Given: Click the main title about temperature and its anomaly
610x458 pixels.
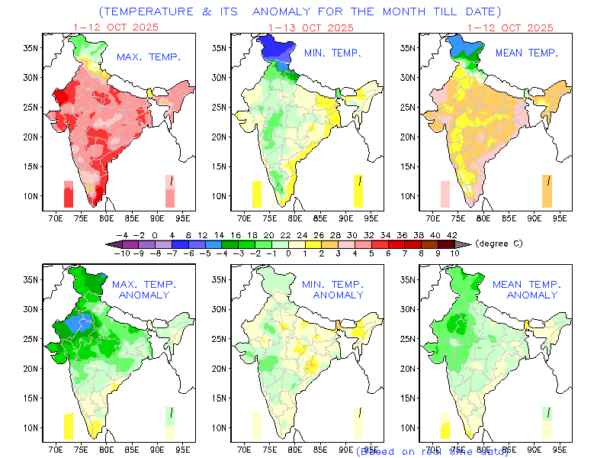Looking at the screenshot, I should coord(300,11).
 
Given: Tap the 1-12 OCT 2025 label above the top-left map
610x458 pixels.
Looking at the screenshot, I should coord(115,27).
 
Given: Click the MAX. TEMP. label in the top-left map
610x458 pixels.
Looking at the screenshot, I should coord(148,57).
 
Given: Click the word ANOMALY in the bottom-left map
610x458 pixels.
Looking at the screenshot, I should coord(145,295).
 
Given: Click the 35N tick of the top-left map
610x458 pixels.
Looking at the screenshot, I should coord(29,47).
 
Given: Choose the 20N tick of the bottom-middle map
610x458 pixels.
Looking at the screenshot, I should coord(220,369).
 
